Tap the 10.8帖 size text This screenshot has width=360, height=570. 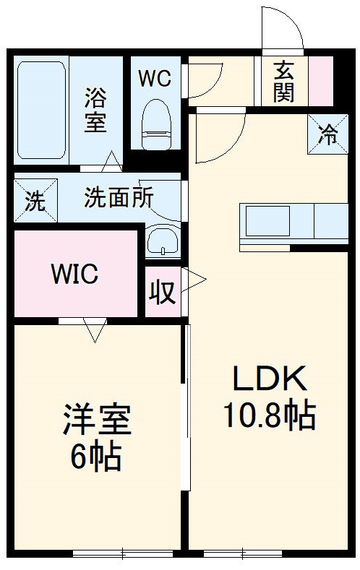point(268,416)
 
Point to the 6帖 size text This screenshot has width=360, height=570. point(95,457)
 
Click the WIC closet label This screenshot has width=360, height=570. point(74,275)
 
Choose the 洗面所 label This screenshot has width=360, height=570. point(118,198)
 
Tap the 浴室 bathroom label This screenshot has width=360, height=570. point(95,110)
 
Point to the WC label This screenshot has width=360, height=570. point(155,78)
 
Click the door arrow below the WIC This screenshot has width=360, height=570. point(94,330)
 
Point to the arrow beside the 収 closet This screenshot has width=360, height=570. point(196,278)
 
